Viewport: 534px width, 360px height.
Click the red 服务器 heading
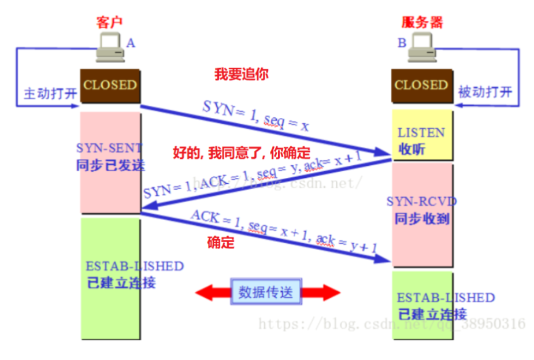(x=422, y=23)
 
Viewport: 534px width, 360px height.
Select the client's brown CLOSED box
(x=110, y=86)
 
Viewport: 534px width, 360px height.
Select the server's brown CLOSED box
(x=421, y=86)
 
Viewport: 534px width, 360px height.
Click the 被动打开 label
(x=485, y=92)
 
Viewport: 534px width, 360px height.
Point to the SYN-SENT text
(x=109, y=149)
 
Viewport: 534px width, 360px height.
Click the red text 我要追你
(x=242, y=75)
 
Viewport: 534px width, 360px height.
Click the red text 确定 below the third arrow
(x=221, y=243)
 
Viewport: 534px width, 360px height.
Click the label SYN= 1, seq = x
(x=255, y=116)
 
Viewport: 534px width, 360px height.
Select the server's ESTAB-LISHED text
(x=446, y=298)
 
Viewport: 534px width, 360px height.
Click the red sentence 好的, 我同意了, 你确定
(x=242, y=153)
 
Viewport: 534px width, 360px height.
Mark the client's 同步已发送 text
(x=110, y=165)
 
